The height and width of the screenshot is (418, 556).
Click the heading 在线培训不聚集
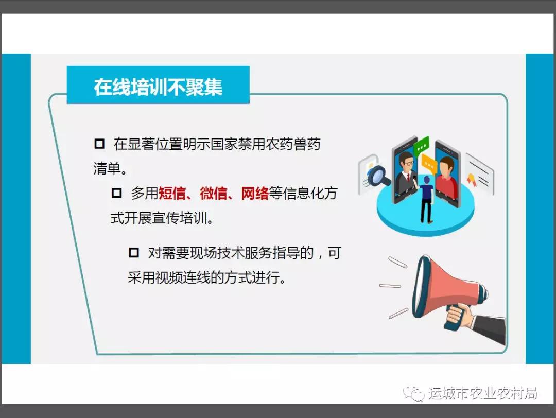[158, 87]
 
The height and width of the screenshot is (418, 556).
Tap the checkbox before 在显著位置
[99, 144]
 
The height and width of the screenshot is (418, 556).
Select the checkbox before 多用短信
[117, 193]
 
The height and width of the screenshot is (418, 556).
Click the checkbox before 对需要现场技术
[134, 252]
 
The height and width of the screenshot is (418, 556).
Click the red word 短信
[172, 193]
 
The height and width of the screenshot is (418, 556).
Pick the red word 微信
[214, 193]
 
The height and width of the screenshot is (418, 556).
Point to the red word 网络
[255, 193]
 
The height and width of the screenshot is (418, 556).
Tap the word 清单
[107, 168]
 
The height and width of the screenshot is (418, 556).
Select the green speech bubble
[422, 145]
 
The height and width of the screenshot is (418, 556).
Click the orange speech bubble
[429, 163]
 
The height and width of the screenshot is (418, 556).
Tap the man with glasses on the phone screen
[406, 172]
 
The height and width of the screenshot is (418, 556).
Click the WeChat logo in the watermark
[413, 393]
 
